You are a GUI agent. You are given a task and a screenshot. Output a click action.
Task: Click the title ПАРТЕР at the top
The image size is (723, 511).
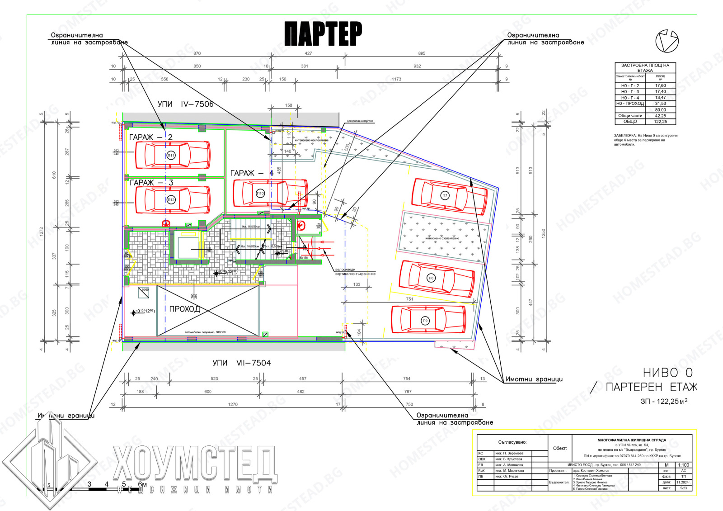tap(323, 34)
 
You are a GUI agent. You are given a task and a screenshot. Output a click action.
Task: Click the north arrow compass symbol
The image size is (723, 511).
tap(667, 41)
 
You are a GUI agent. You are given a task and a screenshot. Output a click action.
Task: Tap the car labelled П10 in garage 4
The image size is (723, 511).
tap(270, 193)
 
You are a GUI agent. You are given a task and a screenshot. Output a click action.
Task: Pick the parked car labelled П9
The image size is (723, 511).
tap(428, 320)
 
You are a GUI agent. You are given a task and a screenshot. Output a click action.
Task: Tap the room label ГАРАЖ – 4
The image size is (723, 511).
tap(252, 173)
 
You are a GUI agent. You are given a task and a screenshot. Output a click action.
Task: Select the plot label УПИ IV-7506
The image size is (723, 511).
tap(185, 104)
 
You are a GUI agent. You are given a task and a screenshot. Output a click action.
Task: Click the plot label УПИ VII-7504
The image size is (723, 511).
tap(241, 363)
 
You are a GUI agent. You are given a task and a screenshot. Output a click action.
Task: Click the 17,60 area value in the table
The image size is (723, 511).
tap(660, 85)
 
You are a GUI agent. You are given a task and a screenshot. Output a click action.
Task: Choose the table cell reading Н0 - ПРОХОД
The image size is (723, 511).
tap(630, 104)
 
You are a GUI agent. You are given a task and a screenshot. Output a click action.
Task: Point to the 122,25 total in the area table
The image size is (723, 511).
tap(660, 122)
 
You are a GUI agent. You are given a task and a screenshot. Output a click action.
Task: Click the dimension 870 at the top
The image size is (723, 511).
tap(197, 53)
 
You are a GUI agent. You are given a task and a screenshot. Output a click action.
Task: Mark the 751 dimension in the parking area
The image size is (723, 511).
tap(409, 299)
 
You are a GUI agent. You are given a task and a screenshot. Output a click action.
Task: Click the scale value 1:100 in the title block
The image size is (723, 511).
tap(683, 465)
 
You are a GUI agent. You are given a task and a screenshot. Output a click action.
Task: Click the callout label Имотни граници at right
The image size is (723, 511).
tap(534, 379)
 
